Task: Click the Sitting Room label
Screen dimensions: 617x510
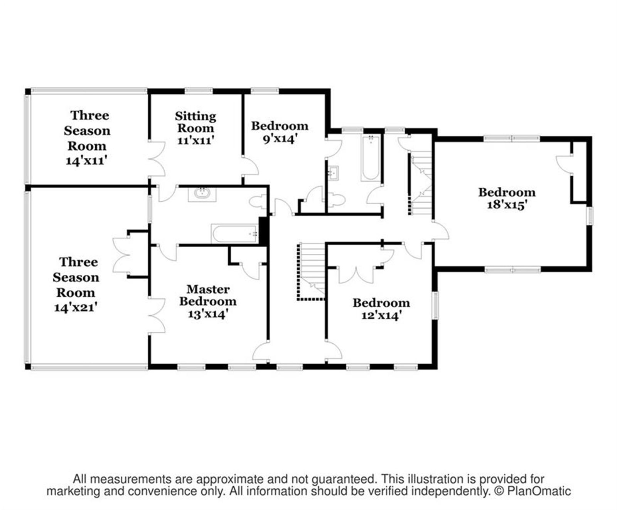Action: (195, 122)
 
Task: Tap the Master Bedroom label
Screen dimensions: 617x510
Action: (208, 295)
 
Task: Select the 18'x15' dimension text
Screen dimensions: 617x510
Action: (507, 205)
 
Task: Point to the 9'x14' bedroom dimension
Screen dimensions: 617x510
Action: (279, 139)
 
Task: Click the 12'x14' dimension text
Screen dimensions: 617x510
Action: (381, 316)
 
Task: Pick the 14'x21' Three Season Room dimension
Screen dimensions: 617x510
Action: (75, 307)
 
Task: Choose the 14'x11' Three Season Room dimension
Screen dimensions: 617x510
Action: (86, 160)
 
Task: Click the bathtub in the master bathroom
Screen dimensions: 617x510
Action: (234, 234)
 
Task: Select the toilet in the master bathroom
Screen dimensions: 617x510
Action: (257, 202)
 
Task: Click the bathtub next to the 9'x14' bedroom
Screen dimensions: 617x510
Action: (370, 157)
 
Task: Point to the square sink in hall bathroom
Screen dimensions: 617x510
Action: (333, 173)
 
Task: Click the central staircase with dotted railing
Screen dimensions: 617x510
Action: (311, 271)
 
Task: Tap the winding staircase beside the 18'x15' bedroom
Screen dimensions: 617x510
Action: (421, 182)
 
